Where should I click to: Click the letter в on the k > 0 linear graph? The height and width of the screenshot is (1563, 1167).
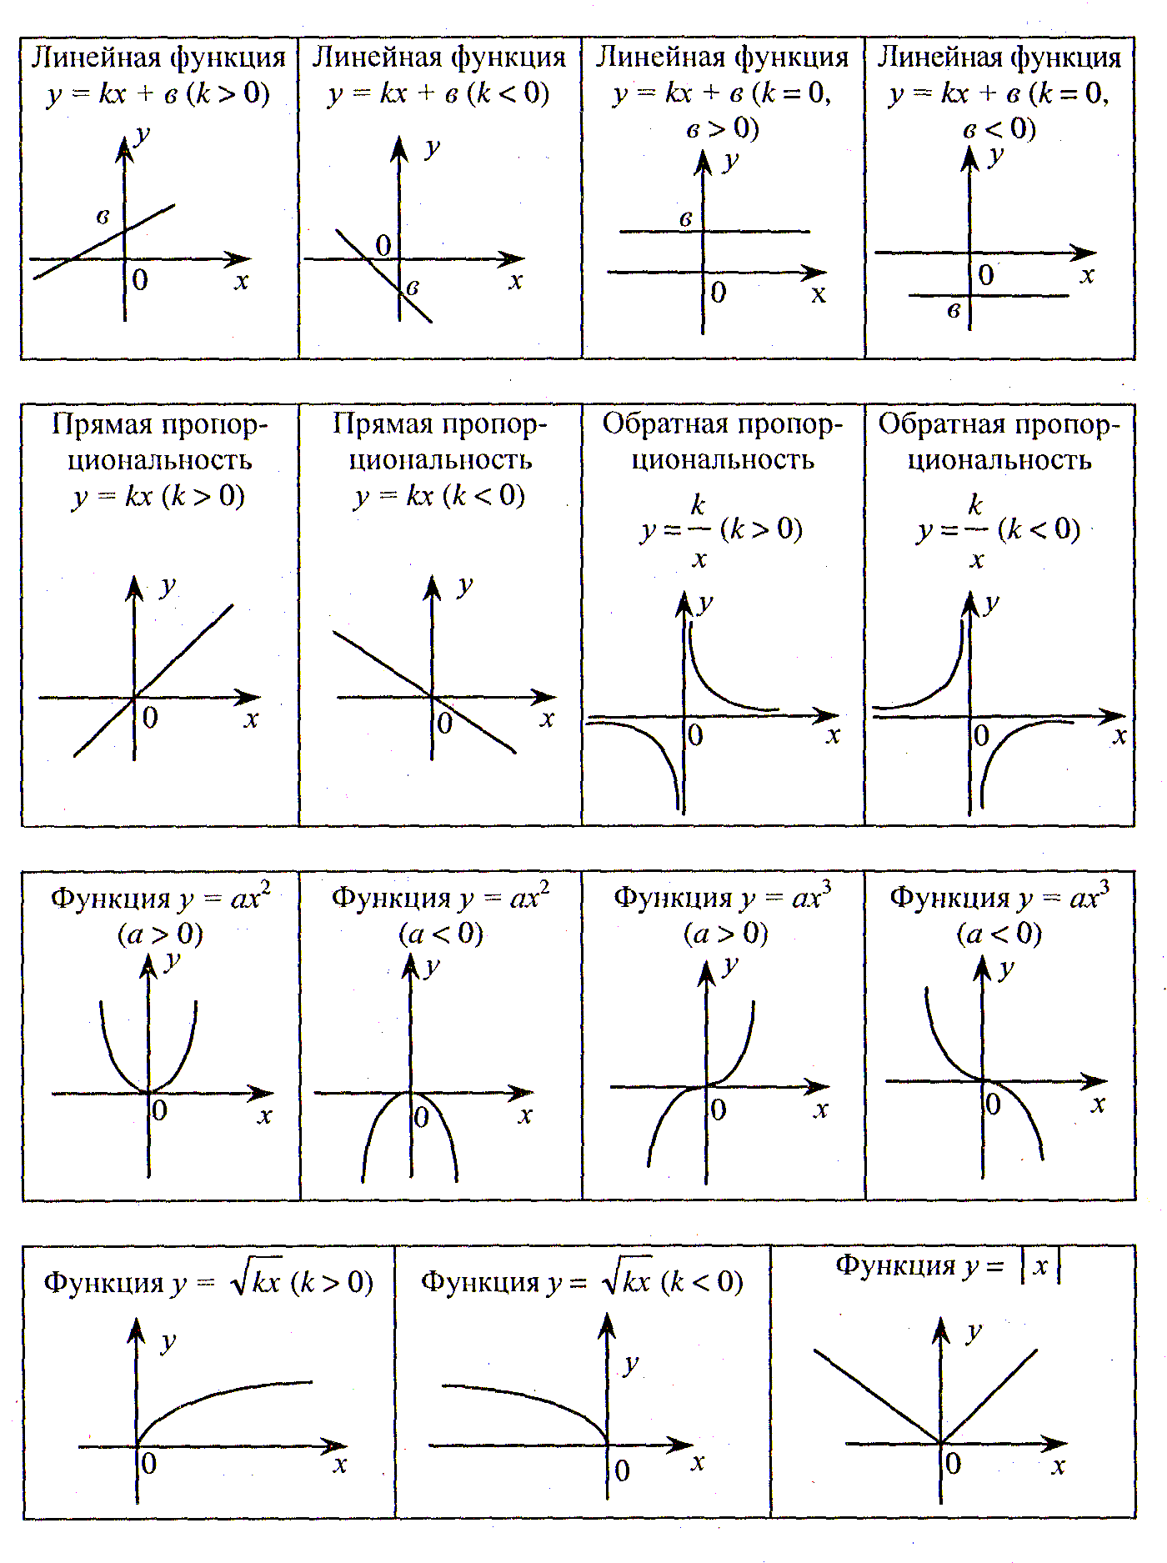(x=103, y=218)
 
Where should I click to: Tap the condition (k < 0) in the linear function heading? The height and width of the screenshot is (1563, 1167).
(x=508, y=93)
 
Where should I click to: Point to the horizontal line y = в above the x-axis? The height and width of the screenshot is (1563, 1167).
(x=714, y=231)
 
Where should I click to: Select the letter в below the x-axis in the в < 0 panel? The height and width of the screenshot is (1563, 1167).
(x=954, y=312)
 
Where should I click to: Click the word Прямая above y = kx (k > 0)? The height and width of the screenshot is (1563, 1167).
(x=103, y=425)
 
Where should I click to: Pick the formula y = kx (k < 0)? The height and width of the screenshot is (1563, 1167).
(x=439, y=497)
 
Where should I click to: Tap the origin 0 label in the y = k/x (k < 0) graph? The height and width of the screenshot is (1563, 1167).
(x=982, y=735)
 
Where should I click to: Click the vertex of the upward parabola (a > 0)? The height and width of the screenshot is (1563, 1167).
(x=149, y=1091)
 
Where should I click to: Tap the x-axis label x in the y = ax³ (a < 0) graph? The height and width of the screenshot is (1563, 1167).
(x=1099, y=1105)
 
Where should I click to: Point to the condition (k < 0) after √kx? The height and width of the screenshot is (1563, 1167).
(x=701, y=1282)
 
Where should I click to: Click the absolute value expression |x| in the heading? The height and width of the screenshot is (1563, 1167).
(x=1040, y=1266)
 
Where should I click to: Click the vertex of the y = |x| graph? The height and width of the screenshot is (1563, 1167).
(x=941, y=1443)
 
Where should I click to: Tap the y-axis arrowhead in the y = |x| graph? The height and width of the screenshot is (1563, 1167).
(x=941, y=1330)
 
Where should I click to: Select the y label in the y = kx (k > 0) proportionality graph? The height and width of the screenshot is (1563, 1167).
(x=168, y=588)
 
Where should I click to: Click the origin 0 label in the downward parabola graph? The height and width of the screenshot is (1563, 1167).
(x=422, y=1117)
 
